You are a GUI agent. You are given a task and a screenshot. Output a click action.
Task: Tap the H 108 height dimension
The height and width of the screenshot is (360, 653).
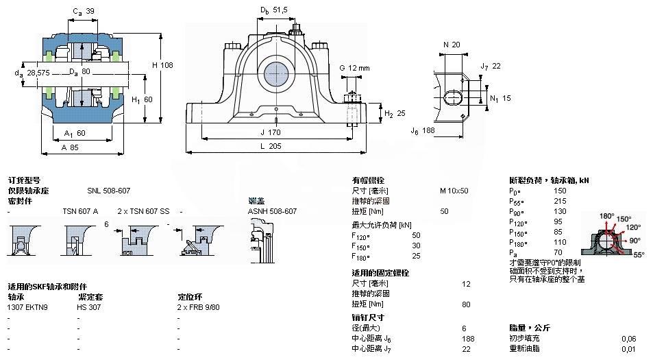point(162,64)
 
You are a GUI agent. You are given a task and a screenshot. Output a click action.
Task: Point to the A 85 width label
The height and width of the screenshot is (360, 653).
point(71,146)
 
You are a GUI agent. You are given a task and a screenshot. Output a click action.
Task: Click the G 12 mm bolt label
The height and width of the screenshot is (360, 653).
point(354,68)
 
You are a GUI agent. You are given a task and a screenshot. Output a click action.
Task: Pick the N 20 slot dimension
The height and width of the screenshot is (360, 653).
point(452,45)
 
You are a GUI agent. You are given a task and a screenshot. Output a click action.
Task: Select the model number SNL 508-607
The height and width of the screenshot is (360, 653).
point(108,191)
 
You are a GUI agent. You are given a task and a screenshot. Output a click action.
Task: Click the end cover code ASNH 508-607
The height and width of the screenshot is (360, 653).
point(272,211)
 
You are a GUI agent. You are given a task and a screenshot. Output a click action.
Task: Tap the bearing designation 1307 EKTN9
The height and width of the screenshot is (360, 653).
point(28,307)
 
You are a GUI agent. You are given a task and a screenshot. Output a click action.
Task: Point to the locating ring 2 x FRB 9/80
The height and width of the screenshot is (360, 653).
point(199,307)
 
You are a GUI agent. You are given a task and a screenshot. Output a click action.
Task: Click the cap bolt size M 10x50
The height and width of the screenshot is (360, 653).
point(454,191)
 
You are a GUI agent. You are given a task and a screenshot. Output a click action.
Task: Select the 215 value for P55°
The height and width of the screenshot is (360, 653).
point(560,202)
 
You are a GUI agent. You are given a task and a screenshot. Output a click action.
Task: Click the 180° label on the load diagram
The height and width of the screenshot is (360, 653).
point(606,216)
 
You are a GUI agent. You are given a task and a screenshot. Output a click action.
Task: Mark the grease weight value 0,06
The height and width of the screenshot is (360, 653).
point(628,338)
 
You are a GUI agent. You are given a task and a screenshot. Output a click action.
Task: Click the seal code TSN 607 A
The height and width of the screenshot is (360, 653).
point(80,211)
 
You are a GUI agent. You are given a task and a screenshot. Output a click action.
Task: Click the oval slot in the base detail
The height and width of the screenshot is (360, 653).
point(453,96)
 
